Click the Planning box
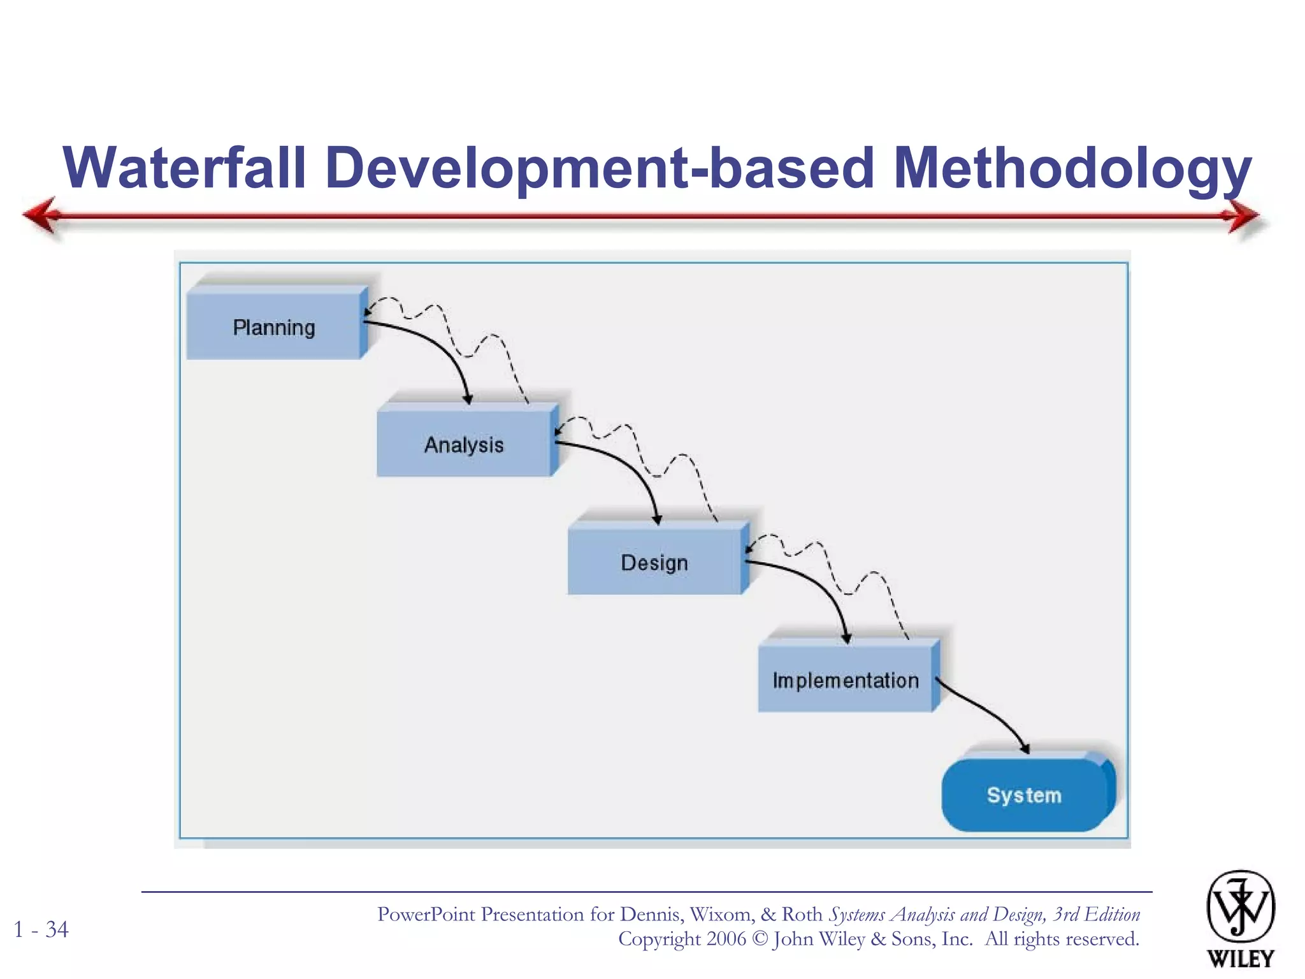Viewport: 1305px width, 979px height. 274,326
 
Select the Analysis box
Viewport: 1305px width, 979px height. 464,444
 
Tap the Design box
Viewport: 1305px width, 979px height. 654,562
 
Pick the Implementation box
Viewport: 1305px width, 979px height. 845,679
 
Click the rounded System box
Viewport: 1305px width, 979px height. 1024,794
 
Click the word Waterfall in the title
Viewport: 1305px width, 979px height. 185,167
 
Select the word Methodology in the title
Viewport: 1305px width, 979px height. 1072,168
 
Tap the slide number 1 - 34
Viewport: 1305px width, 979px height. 41,929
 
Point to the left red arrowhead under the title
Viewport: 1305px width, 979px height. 42,215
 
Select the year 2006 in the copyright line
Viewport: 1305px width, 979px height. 726,939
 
